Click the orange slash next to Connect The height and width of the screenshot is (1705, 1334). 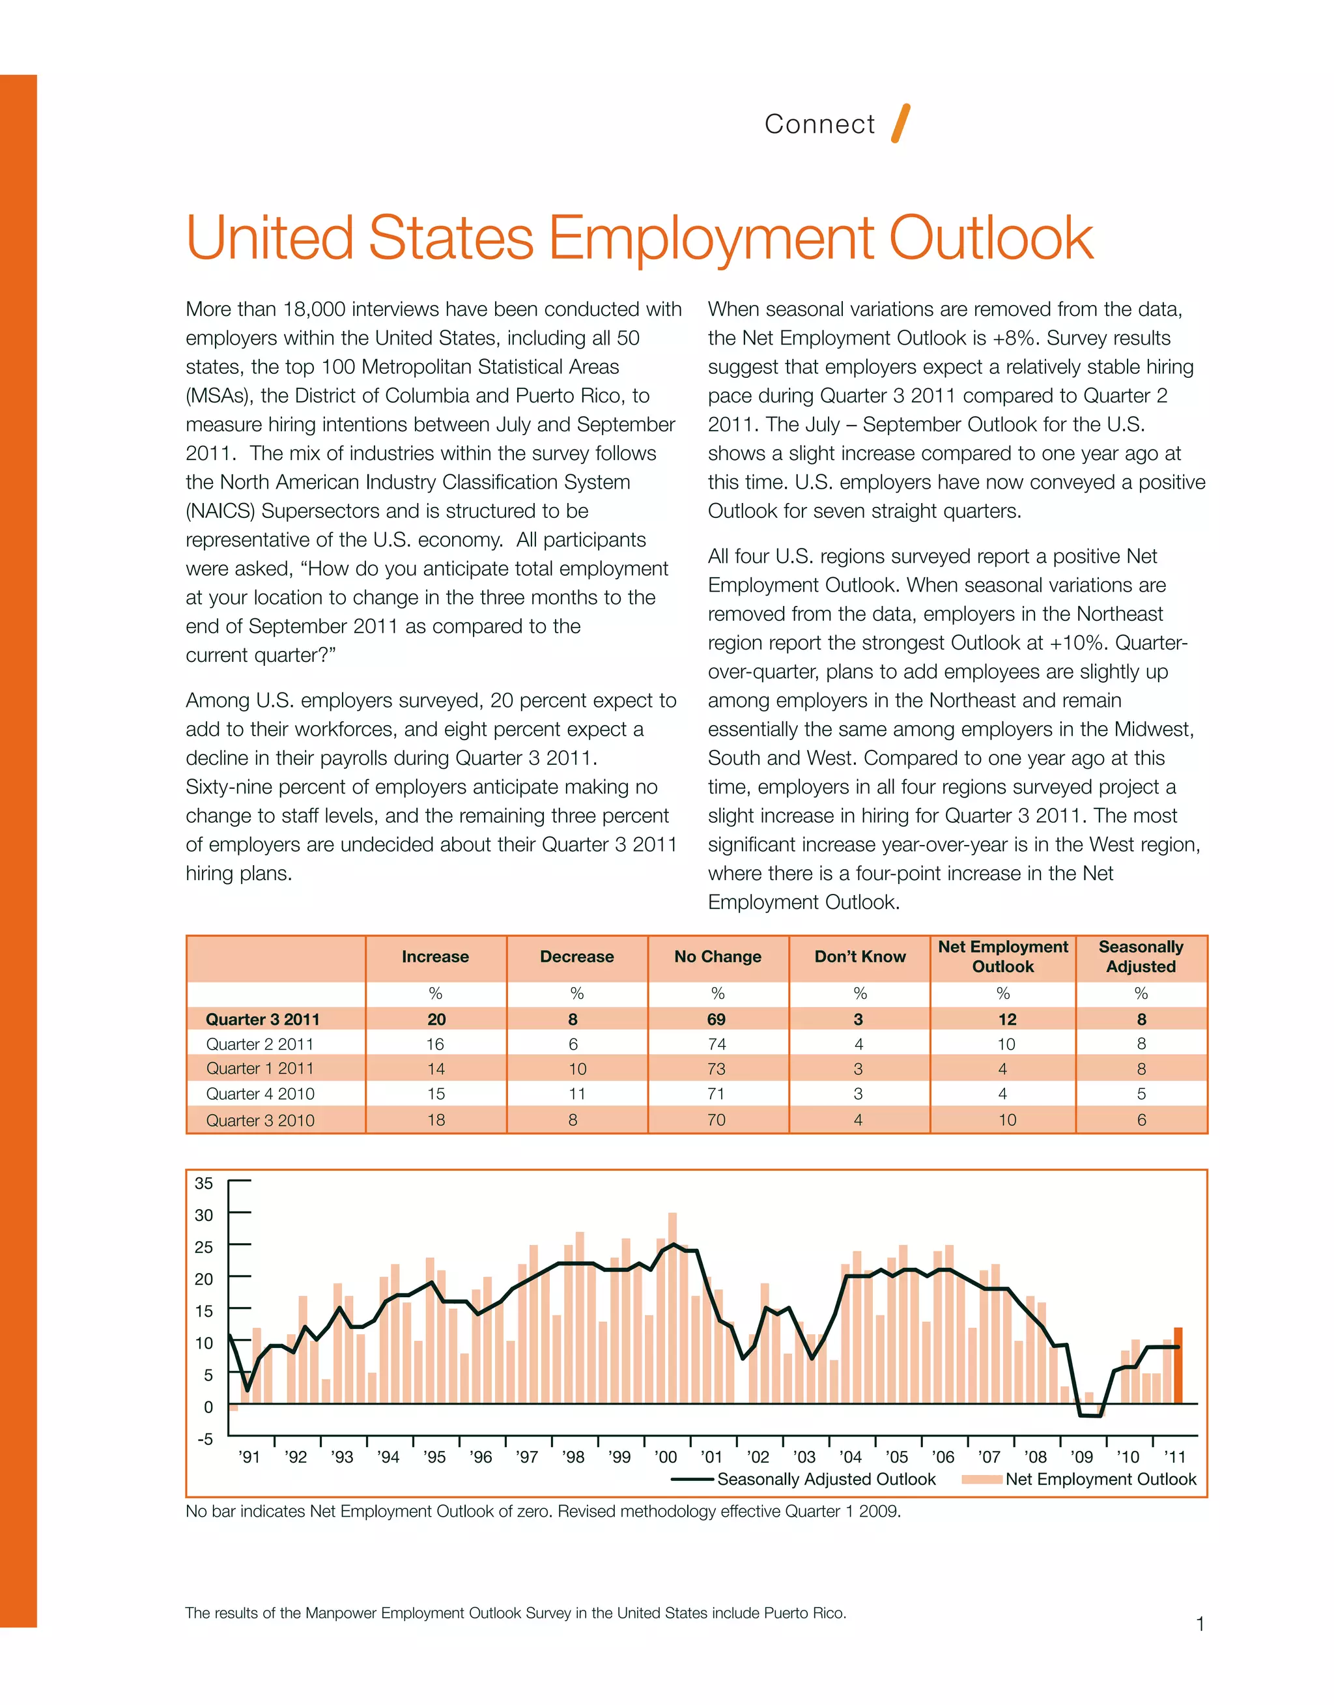(x=901, y=123)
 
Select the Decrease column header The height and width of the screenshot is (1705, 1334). (x=576, y=957)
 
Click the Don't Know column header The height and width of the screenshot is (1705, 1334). (x=859, y=957)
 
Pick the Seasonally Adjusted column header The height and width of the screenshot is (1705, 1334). (x=1141, y=957)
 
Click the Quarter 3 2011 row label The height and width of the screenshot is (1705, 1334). (x=263, y=1019)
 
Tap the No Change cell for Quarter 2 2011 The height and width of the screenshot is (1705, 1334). (x=717, y=1044)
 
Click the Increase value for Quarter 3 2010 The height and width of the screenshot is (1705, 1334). (x=436, y=1120)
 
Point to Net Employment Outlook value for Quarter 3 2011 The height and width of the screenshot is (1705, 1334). (x=1007, y=1019)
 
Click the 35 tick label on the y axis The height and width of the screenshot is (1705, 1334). (x=204, y=1183)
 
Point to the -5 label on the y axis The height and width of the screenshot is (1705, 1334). (x=205, y=1439)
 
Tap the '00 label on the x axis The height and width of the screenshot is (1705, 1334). (x=666, y=1457)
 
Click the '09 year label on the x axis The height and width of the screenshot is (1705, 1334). (x=1082, y=1457)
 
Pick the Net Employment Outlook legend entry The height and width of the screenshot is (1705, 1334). (x=1100, y=1480)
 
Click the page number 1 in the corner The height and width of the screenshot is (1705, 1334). (x=1200, y=1625)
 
